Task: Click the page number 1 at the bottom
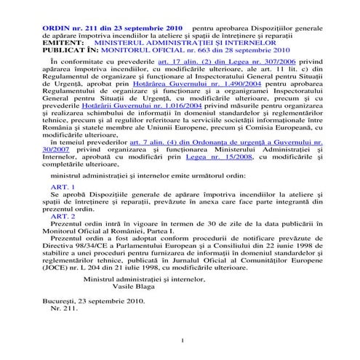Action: (180, 341)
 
